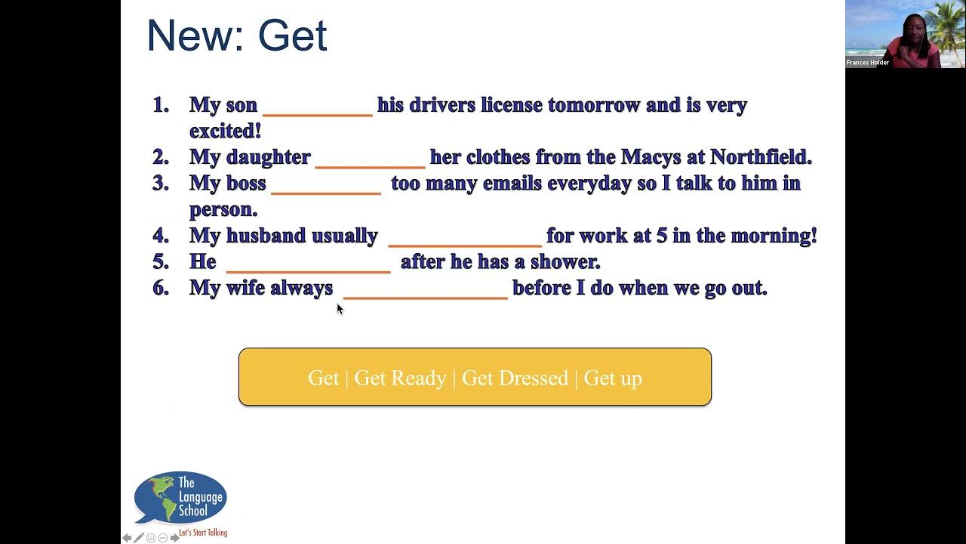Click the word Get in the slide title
pos(292,36)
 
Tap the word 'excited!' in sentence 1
pos(225,131)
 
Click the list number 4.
pos(160,236)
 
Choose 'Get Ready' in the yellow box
pos(400,378)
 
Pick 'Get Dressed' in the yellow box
pos(515,378)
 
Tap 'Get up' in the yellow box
pos(613,378)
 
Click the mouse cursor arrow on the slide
pos(340,308)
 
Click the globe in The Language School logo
pos(155,496)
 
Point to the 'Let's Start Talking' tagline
pos(203,533)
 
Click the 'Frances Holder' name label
pos(867,63)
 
